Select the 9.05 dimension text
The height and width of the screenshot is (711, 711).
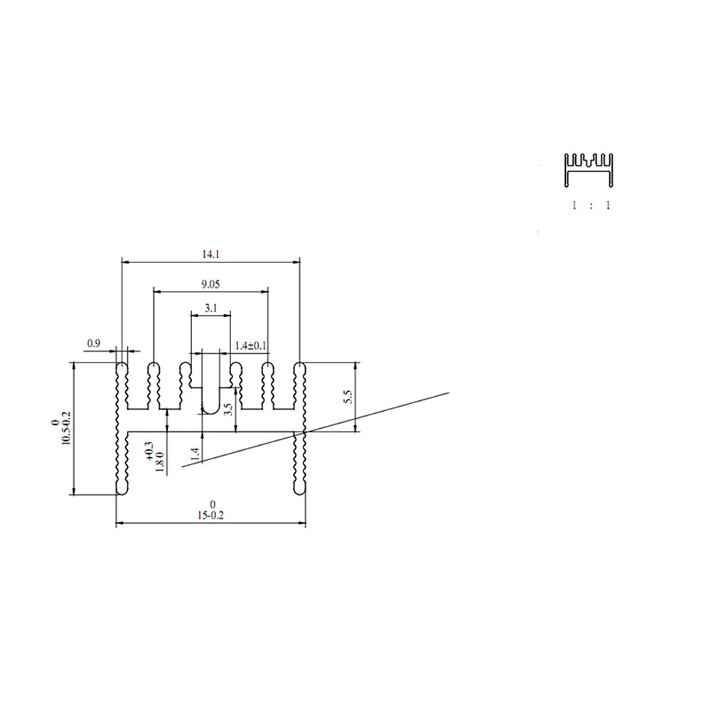pos(210,284)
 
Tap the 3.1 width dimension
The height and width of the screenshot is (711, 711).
pos(210,308)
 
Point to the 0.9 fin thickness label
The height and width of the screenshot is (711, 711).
pos(93,343)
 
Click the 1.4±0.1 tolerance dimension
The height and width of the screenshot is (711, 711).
pos(250,346)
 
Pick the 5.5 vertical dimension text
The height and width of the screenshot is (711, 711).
pos(348,397)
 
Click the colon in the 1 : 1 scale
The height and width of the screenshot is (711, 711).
pos(591,205)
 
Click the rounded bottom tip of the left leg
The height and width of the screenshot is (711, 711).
pos(122,491)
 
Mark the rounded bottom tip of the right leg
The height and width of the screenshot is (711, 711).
pos(299,491)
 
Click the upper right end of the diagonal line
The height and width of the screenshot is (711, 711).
pos(449,392)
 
